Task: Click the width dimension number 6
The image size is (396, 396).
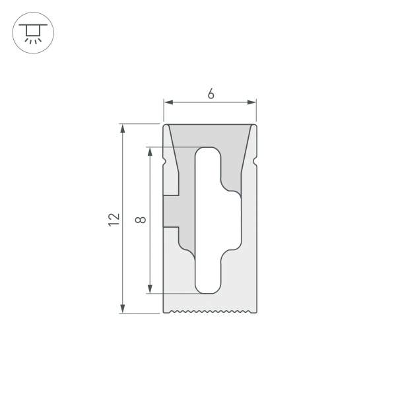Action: tap(211, 94)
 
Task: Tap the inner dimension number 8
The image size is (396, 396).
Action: tap(139, 220)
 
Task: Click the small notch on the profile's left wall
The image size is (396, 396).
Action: tap(165, 160)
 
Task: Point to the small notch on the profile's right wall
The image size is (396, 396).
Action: tap(254, 160)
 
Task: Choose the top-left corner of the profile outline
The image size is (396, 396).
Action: tap(164, 124)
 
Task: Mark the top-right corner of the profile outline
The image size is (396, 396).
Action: tap(256, 124)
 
